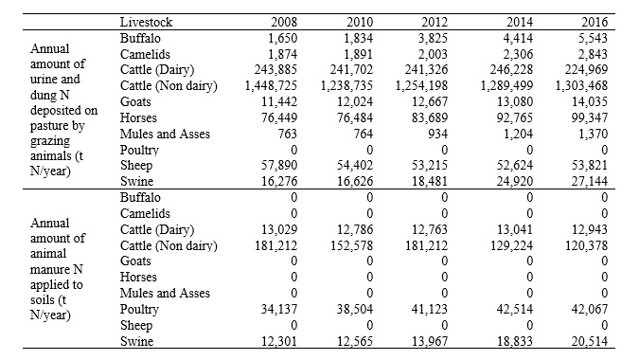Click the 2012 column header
click(x=435, y=22)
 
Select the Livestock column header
click(x=146, y=22)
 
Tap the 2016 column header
click(x=595, y=22)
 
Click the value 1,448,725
click(x=271, y=86)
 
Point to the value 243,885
click(x=275, y=70)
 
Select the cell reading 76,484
click(x=355, y=117)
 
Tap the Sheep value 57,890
click(x=279, y=166)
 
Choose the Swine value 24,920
click(x=514, y=182)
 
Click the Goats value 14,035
click(x=590, y=102)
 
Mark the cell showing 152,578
click(x=351, y=246)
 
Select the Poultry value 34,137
click(x=279, y=310)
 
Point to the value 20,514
click(x=590, y=341)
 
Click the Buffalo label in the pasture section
click(x=140, y=38)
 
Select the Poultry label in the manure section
click(x=139, y=310)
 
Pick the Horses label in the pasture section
click(x=138, y=117)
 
